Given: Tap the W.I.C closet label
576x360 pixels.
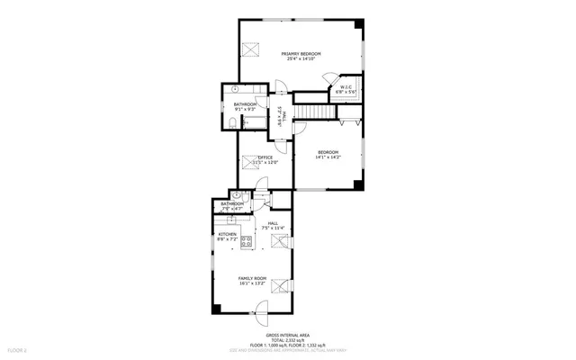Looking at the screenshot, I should (x=346, y=87).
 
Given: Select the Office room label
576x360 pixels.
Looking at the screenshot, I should (x=265, y=157).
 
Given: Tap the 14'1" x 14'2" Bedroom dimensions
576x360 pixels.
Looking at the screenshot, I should (x=328, y=157).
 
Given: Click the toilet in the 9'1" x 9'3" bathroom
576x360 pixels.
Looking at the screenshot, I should (x=232, y=121).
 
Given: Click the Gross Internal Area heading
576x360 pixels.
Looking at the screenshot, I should (x=287, y=334).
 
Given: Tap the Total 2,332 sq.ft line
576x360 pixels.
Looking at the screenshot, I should (x=287, y=339).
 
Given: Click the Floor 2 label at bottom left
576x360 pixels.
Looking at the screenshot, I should (x=17, y=348).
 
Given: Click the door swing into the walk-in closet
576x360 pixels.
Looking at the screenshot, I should (x=329, y=80).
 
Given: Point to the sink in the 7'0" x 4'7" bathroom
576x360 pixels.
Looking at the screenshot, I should (x=235, y=195).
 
